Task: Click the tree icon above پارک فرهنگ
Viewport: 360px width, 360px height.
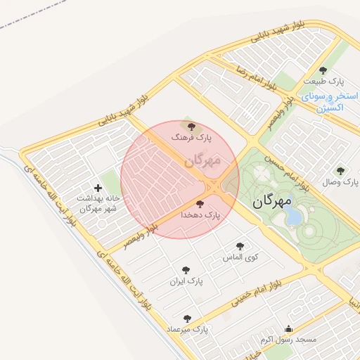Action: click(x=192, y=126)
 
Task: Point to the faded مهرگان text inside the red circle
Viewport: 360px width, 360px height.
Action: click(x=202, y=161)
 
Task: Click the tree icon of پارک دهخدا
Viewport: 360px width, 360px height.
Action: click(x=200, y=204)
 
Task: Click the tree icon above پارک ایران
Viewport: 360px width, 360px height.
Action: click(x=186, y=270)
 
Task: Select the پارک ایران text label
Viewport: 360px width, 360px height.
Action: click(x=186, y=281)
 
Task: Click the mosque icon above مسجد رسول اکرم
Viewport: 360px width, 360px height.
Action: click(x=288, y=328)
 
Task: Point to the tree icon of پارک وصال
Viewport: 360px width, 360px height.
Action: click(x=340, y=171)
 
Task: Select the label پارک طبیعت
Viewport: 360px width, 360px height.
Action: click(x=323, y=81)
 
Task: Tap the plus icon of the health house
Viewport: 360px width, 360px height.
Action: click(x=97, y=188)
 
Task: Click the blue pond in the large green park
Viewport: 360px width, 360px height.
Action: click(x=293, y=216)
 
